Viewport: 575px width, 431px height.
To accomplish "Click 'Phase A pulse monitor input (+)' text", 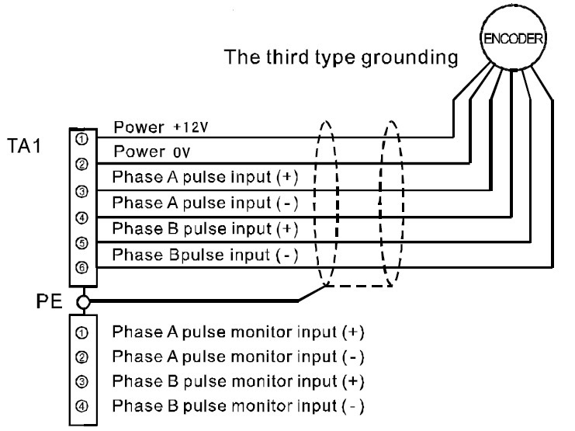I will tap(238, 332).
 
